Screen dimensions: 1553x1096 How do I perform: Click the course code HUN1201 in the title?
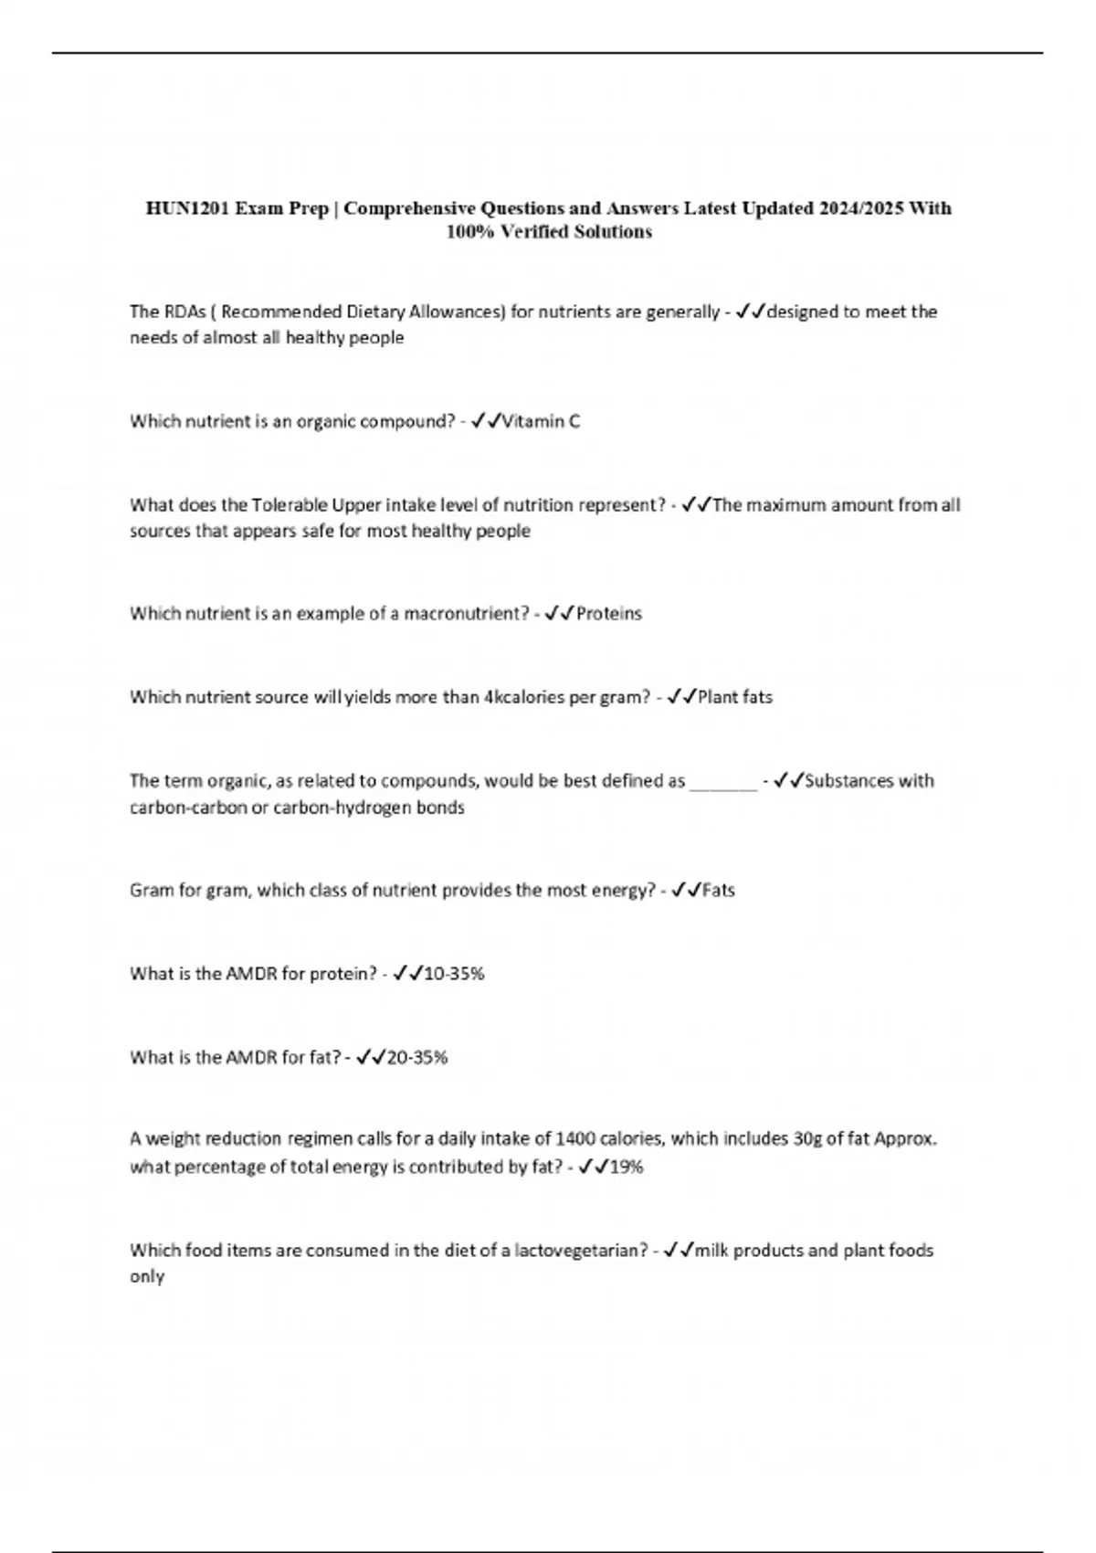point(186,208)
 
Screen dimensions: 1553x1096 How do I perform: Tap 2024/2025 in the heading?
point(862,208)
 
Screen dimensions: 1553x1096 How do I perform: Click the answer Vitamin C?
point(542,421)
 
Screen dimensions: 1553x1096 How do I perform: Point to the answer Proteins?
point(609,614)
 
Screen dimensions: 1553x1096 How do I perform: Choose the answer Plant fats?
point(735,697)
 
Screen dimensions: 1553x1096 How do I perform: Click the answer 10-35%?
point(455,974)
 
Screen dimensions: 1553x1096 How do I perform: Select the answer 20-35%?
point(417,1058)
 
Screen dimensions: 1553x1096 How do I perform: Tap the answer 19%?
point(627,1167)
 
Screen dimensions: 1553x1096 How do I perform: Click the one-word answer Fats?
point(719,891)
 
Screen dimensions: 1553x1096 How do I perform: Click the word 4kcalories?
point(524,697)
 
